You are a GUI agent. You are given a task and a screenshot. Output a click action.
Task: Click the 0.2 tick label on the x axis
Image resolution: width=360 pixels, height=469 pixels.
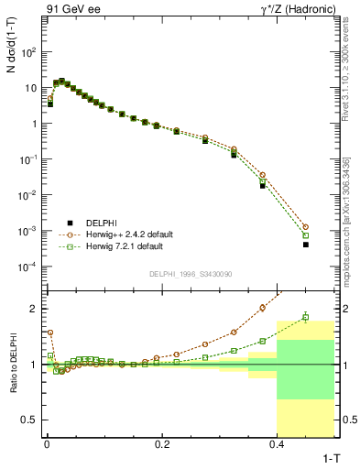point(162,444)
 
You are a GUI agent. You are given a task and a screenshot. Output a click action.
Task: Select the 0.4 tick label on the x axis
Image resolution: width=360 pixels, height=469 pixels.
point(278,444)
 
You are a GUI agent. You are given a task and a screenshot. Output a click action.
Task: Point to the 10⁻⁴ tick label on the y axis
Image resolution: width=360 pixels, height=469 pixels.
point(29,267)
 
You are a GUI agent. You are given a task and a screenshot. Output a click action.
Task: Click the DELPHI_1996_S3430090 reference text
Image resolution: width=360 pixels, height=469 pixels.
point(190,274)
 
